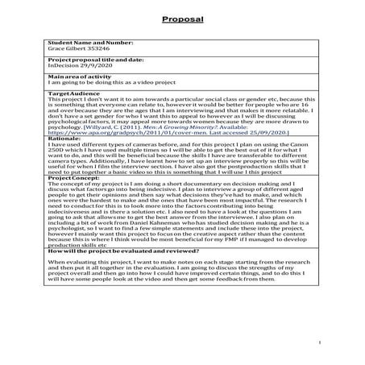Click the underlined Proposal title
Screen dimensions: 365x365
182,18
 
